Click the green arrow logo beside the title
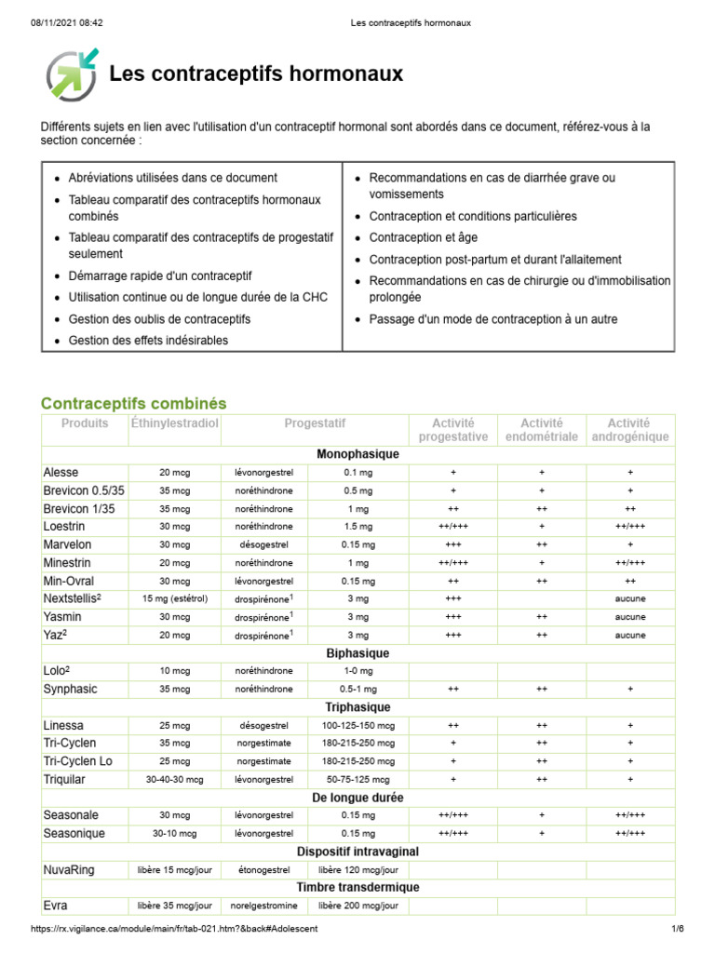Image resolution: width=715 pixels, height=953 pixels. [72, 74]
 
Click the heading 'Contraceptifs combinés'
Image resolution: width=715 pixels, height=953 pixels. [133, 403]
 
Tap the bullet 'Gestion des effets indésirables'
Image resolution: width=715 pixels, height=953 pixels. [148, 341]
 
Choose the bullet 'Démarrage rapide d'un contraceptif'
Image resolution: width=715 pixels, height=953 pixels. [160, 275]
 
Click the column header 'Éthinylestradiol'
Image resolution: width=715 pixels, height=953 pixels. [174, 423]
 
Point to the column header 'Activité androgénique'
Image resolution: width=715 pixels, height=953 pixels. [629, 429]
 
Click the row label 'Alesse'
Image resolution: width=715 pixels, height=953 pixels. [61, 472]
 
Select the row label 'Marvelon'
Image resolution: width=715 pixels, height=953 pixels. [67, 544]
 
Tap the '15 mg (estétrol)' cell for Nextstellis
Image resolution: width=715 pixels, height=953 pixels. [174, 598]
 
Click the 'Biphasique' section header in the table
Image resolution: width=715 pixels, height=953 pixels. [357, 653]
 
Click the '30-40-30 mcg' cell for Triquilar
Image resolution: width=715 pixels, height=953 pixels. [174, 780]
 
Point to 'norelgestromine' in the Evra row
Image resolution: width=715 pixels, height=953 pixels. [264, 906]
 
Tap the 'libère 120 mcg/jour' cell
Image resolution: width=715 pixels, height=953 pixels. [357, 870]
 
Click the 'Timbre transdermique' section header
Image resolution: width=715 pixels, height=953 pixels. [357, 887]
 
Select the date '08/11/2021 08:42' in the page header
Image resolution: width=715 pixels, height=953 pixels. [58, 22]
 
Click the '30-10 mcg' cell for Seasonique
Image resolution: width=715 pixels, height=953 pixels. [174, 834]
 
